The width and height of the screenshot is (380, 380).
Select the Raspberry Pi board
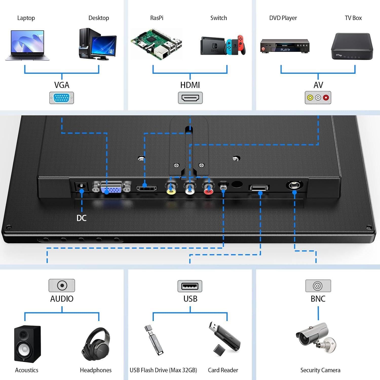point(156,44)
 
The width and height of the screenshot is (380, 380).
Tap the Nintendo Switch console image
point(223,46)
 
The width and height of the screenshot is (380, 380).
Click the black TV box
point(352,46)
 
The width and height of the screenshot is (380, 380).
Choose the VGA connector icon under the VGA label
point(62,98)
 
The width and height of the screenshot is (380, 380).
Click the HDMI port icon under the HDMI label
point(190,98)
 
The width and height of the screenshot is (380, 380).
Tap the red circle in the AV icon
point(326,98)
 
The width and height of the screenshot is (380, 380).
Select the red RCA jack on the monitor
point(208,189)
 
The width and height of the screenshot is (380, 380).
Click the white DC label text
point(82,218)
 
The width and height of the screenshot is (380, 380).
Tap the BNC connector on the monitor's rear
point(294,185)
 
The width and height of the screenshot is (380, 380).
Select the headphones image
point(96,344)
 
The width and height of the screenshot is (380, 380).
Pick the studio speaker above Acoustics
point(27,344)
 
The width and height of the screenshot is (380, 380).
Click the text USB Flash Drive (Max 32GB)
point(163,370)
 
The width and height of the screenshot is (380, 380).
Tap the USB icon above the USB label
point(190,286)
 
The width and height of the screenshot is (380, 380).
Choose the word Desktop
point(99,18)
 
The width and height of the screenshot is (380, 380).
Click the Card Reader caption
point(223,370)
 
